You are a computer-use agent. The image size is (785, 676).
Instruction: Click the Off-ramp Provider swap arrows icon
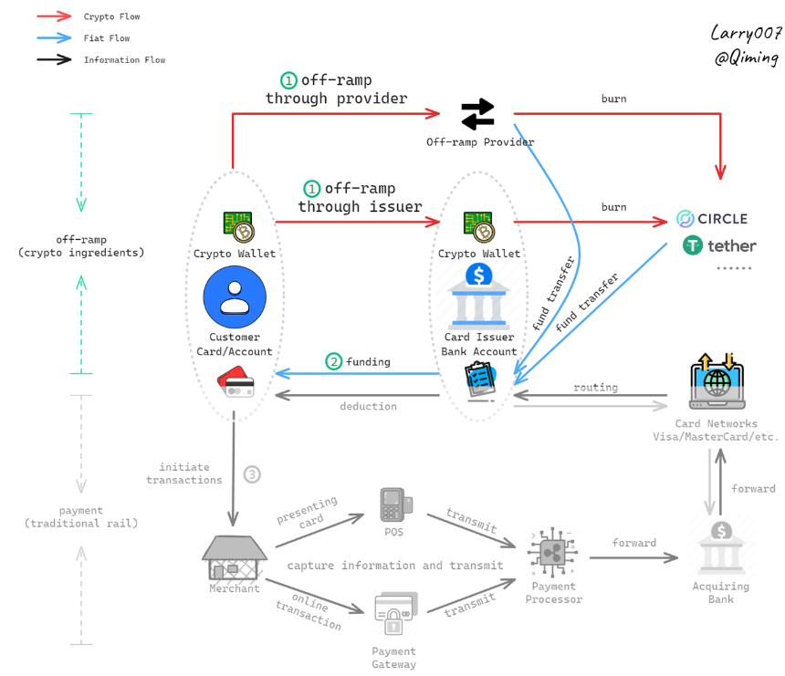point(477,114)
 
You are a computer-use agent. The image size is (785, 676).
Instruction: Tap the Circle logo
point(712,219)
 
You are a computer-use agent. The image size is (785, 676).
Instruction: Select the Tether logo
point(719,245)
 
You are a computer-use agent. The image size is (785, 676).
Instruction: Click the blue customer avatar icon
point(235,297)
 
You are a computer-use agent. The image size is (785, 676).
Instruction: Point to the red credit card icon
point(235,382)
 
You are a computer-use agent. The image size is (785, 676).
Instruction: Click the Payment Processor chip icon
point(552,553)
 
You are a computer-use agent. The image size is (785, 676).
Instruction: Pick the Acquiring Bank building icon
point(721,548)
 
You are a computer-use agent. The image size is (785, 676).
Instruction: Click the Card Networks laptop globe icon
point(717,381)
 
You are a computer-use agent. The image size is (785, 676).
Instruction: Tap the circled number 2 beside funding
point(334,361)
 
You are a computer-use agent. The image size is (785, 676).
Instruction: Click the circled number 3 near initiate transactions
point(252,474)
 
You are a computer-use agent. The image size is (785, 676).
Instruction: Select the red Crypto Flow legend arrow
point(54,16)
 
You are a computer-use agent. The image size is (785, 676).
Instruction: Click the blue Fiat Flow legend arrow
point(54,38)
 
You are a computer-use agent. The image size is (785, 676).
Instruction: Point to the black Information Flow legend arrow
point(54,59)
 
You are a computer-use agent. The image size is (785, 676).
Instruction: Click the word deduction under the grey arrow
point(369,406)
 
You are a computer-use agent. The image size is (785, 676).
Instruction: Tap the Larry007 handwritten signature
point(746,33)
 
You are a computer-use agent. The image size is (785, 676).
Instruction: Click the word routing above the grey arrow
point(596,388)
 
